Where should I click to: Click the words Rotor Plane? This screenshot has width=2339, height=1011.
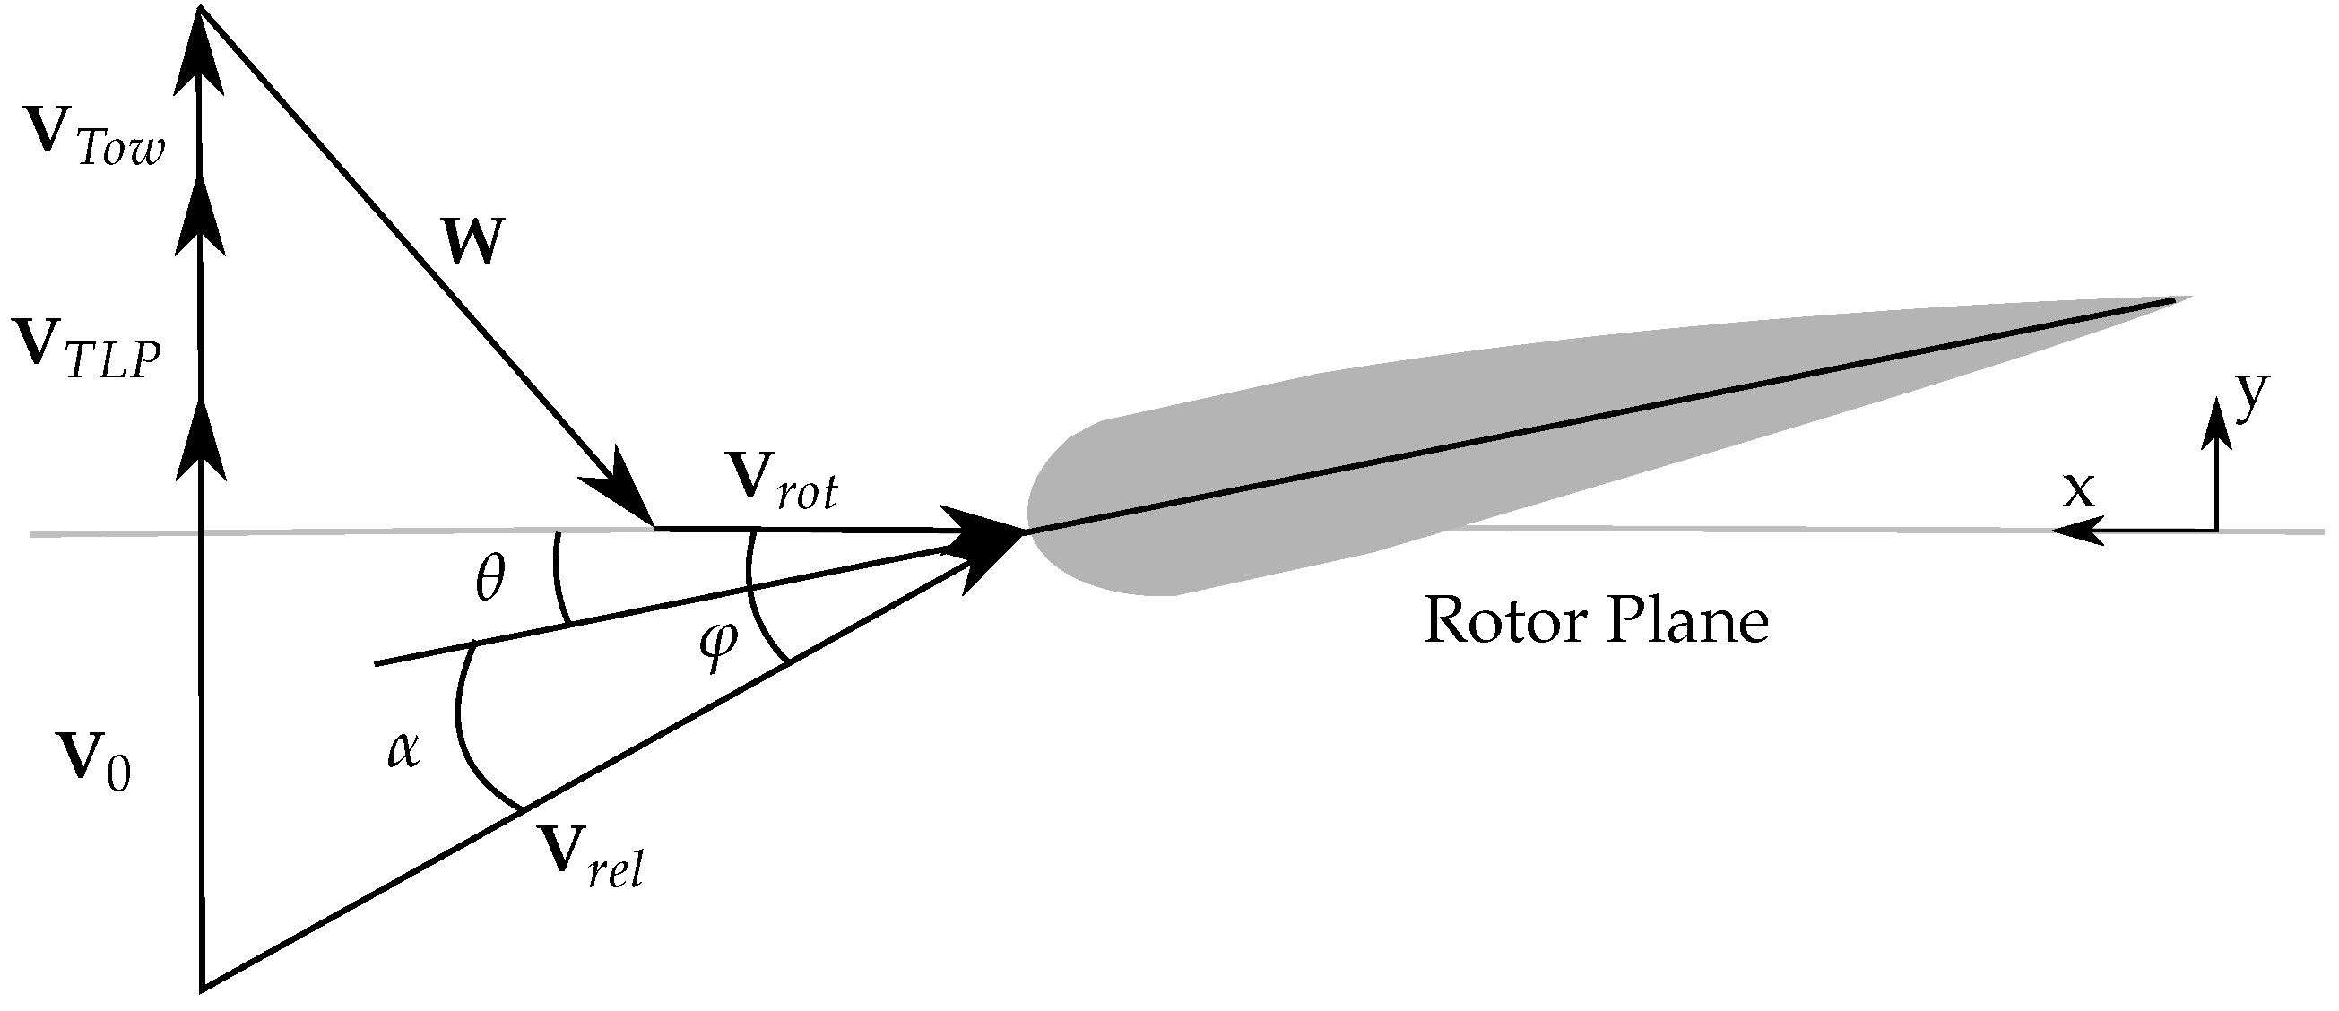1596,623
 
